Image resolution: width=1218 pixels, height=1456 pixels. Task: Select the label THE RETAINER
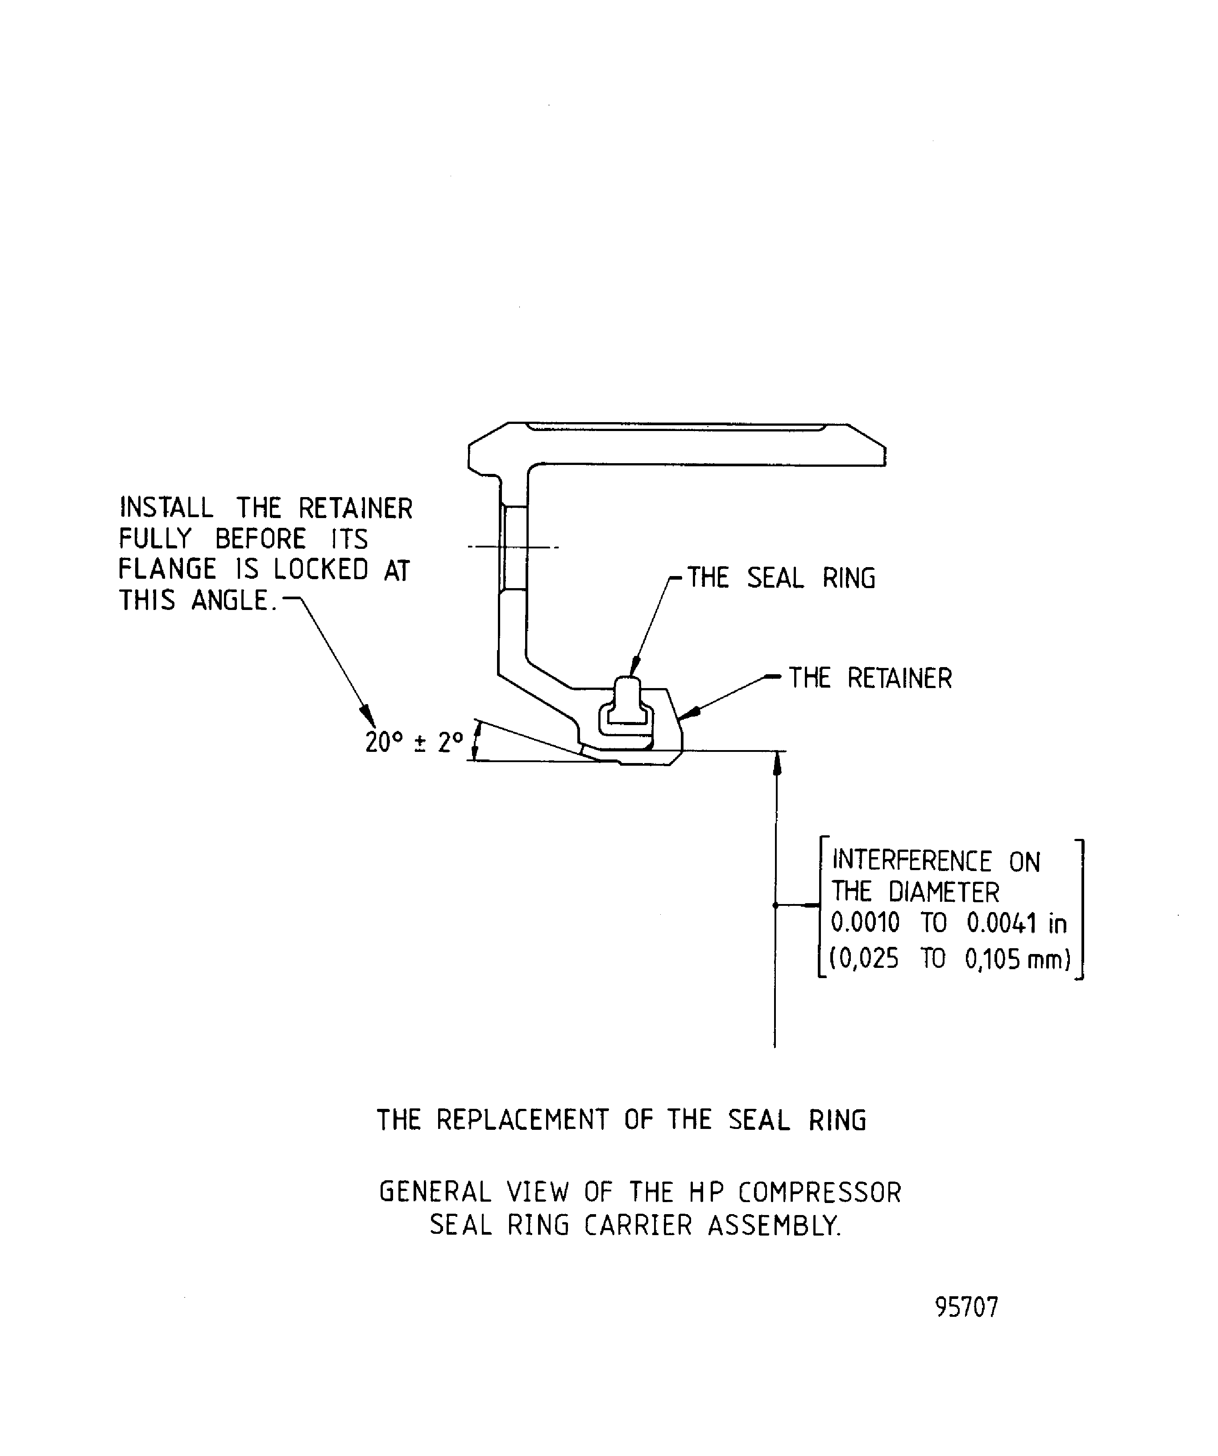click(870, 678)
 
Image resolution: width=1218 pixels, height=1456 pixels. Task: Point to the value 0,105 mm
click(1016, 959)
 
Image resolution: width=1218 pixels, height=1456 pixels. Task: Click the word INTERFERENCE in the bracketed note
click(911, 861)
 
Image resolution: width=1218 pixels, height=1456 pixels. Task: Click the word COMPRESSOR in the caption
click(820, 1193)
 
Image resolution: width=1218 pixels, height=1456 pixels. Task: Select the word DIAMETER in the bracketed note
click(944, 892)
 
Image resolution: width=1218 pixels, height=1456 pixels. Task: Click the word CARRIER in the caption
click(638, 1225)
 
